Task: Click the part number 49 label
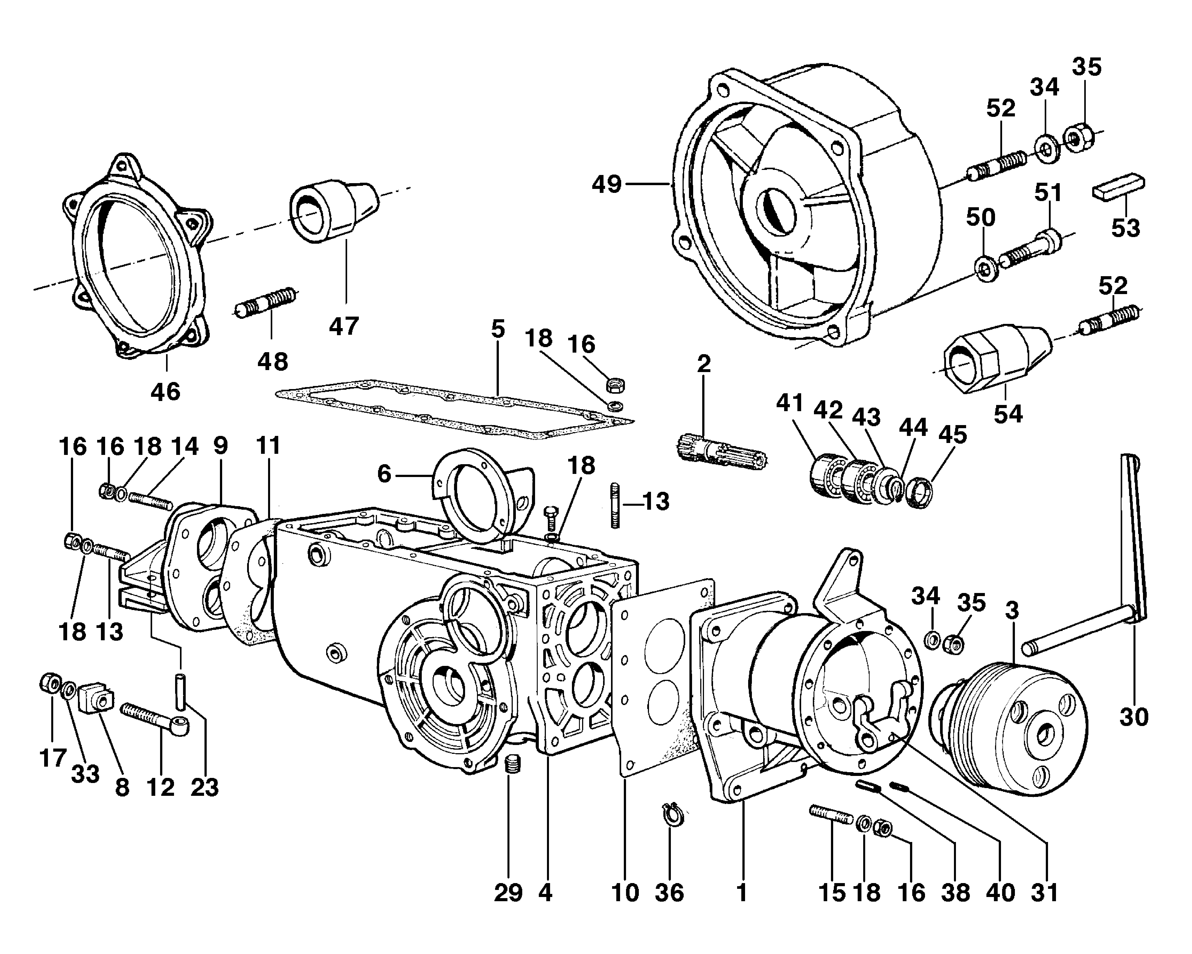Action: click(607, 184)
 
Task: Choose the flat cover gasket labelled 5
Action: click(453, 409)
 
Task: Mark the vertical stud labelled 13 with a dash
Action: click(615, 506)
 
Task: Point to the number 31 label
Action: click(1044, 893)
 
